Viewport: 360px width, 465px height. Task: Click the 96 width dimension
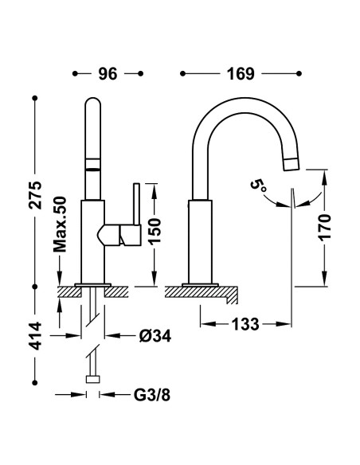108,74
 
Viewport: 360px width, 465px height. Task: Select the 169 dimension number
241,74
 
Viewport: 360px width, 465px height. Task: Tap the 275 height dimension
35,195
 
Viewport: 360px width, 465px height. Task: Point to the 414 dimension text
35,336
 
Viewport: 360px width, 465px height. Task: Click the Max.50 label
60,225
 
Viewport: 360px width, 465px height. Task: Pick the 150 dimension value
155,231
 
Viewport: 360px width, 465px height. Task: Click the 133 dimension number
245,324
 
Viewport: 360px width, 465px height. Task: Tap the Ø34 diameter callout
155,336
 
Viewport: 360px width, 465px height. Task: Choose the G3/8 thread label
152,395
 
